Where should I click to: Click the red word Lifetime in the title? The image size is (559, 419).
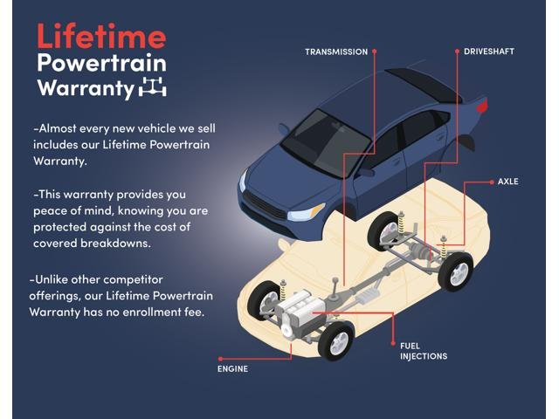[101, 36]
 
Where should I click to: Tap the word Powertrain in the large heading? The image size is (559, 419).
[101, 64]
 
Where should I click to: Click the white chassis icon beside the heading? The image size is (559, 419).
[152, 86]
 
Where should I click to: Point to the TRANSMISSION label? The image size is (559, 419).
[336, 52]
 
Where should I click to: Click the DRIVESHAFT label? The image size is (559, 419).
[489, 52]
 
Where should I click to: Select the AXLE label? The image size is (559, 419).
[508, 182]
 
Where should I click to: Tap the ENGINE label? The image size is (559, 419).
[232, 368]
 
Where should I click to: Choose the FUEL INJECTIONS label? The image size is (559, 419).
[423, 351]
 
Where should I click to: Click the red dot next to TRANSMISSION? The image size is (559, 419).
[375, 52]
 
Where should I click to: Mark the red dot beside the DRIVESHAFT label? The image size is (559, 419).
[457, 52]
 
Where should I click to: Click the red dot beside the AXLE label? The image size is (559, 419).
[492, 182]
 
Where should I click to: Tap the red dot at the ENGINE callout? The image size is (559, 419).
[221, 359]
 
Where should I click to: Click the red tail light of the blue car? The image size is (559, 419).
[482, 106]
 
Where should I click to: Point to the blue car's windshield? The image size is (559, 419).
[324, 141]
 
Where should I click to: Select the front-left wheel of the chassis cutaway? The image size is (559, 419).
[265, 301]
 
